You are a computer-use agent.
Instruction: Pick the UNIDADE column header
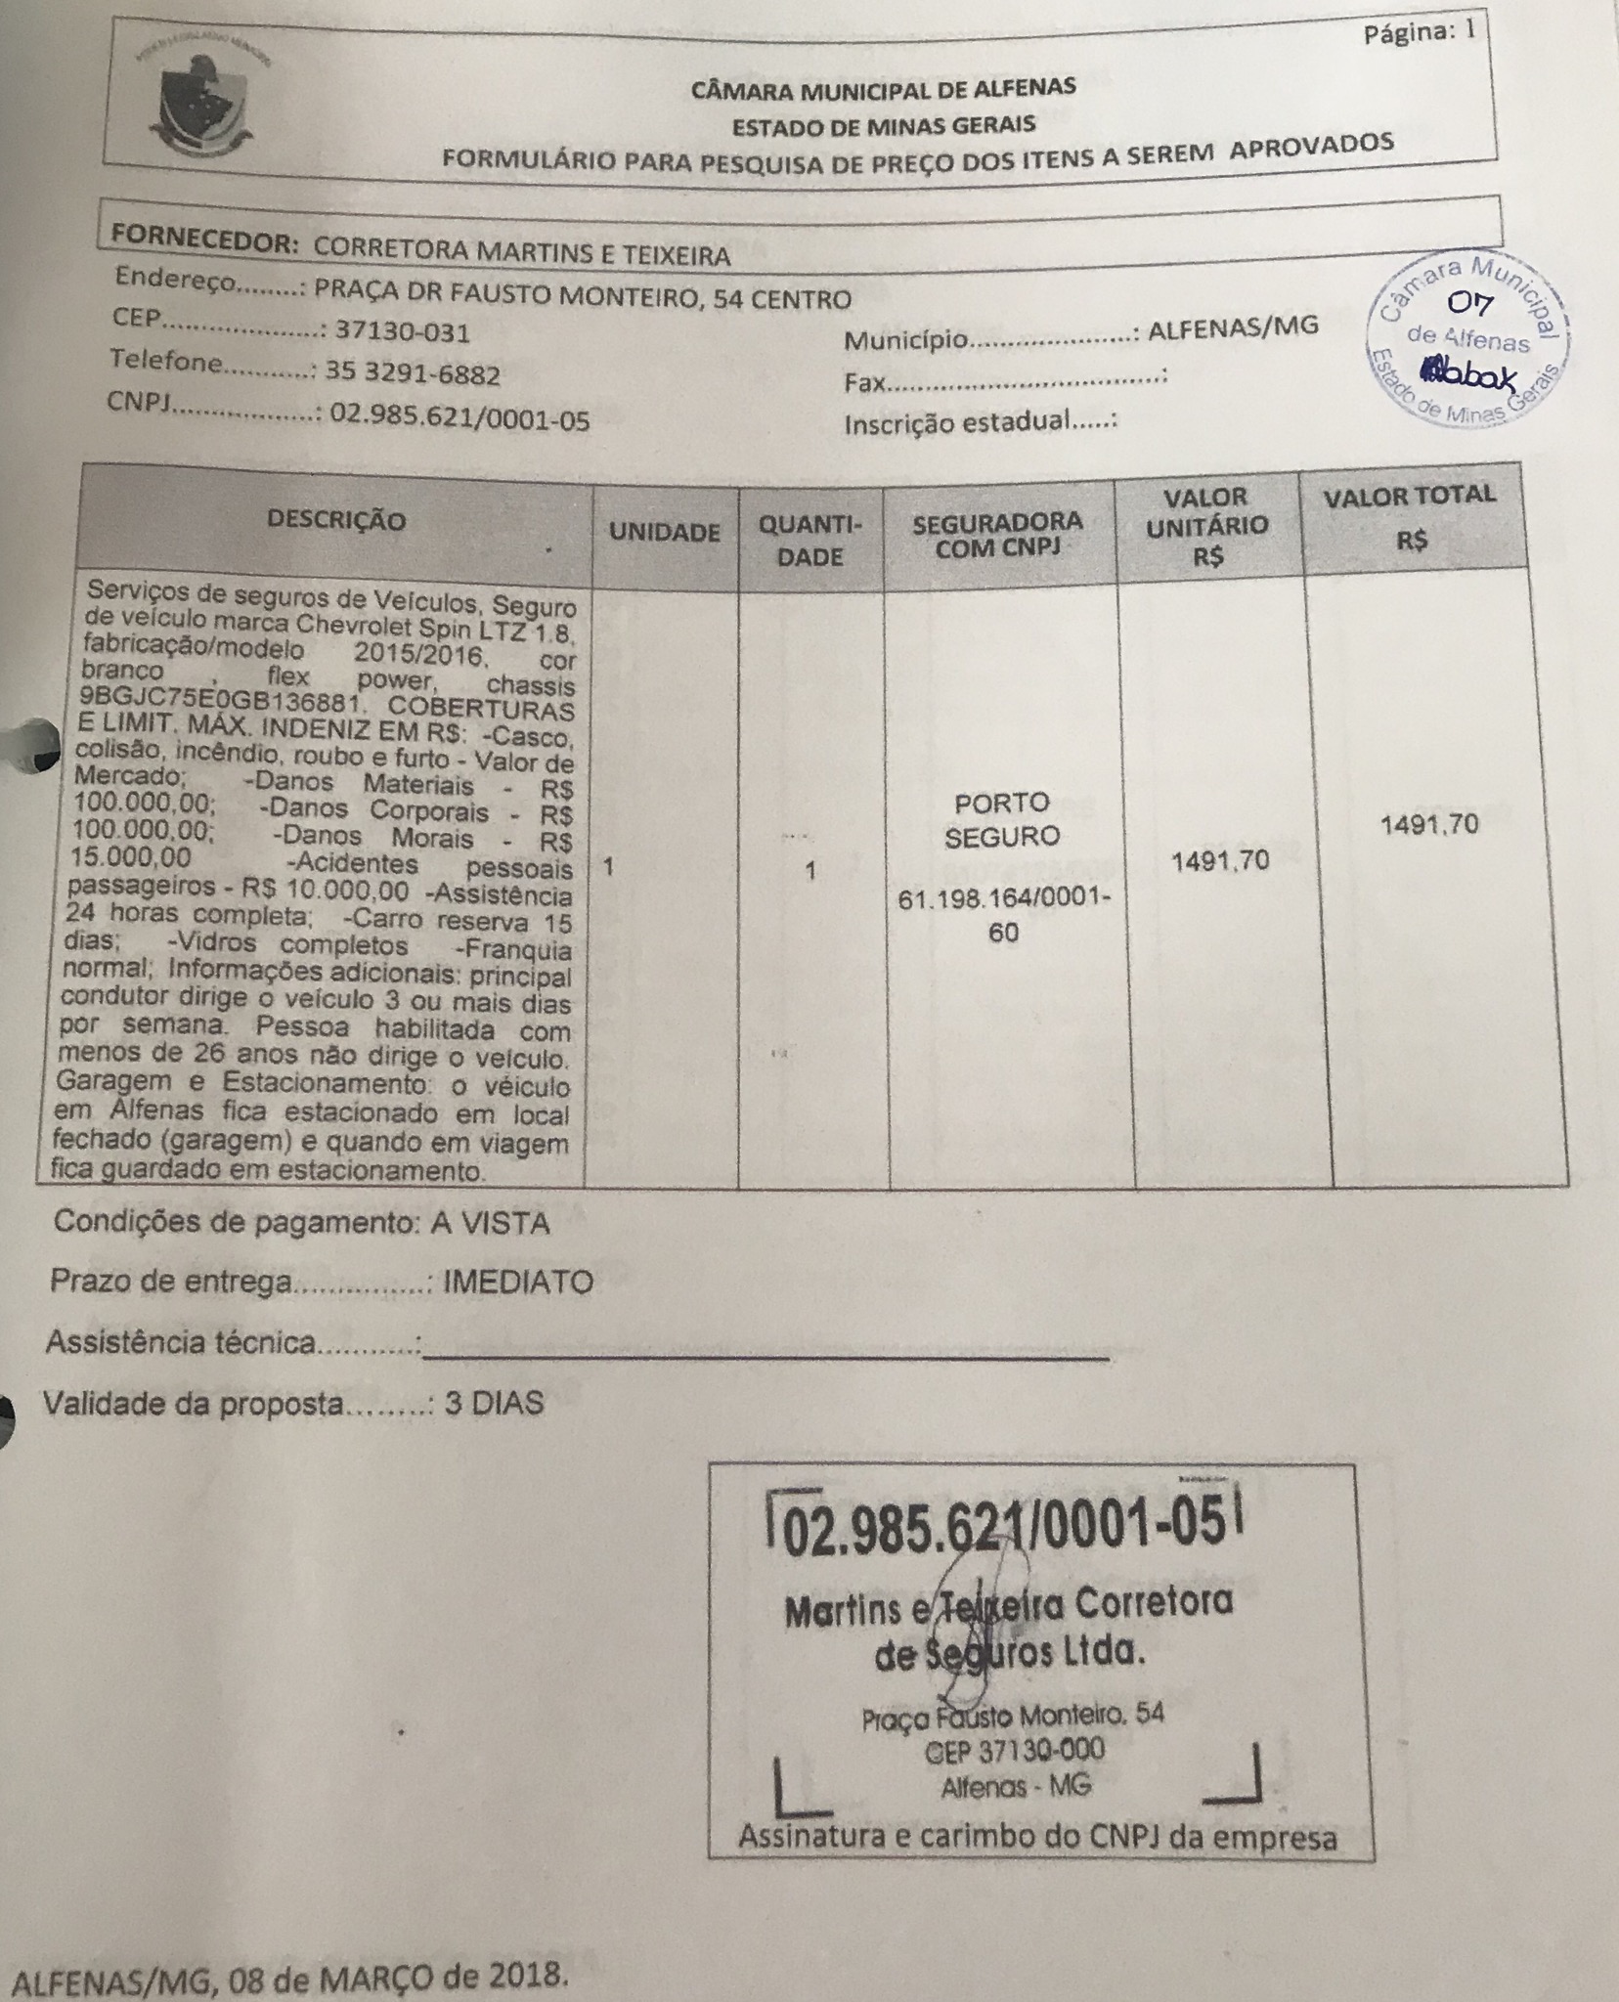click(665, 532)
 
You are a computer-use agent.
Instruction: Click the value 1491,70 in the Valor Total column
click(1428, 825)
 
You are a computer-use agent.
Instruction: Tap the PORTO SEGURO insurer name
click(1002, 819)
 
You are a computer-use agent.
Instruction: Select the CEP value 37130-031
click(402, 332)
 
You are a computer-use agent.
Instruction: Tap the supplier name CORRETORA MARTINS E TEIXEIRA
click(521, 253)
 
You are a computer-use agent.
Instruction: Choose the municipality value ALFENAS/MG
click(1232, 326)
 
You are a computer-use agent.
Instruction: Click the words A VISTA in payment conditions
click(490, 1222)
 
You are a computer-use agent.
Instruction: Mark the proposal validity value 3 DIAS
click(494, 1403)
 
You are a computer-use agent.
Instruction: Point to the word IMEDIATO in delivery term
click(518, 1283)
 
